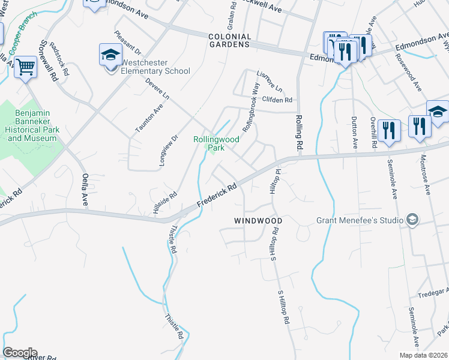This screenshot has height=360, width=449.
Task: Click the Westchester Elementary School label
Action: click(155, 67)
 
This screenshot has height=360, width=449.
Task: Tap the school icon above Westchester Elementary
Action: click(110, 55)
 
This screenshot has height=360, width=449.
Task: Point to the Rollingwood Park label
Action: click(216, 143)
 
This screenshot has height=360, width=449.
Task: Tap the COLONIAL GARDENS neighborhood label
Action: click(229, 40)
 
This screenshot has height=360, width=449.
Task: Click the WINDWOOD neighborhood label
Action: click(258, 221)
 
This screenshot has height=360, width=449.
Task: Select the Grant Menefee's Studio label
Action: click(360, 220)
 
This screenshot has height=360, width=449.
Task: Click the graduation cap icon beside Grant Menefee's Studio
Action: click(412, 220)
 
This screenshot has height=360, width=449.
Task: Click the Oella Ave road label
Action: click(85, 189)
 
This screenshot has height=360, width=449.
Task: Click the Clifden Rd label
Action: click(277, 100)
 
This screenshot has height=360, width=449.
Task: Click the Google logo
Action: click(19, 353)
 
